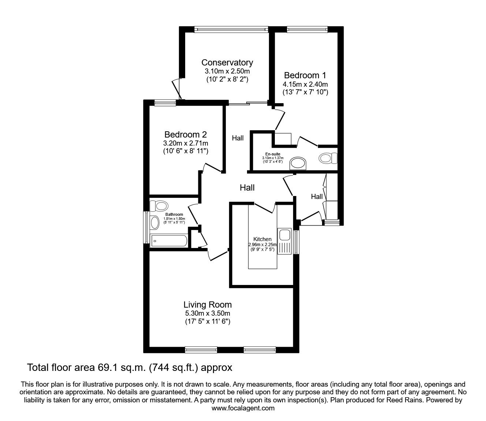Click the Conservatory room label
pos(227,63)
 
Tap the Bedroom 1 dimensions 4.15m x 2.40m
pos(305,84)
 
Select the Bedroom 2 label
pos(186,134)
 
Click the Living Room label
pos(208,304)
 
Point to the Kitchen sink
pos(284,235)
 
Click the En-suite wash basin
pos(299,163)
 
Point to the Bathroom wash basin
pos(154,222)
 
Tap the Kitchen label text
pos(262,239)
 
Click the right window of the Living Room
pos(260,350)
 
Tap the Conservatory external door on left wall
pos(177,89)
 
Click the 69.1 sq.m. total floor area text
pos(130,367)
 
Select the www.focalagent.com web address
pos(243,408)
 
